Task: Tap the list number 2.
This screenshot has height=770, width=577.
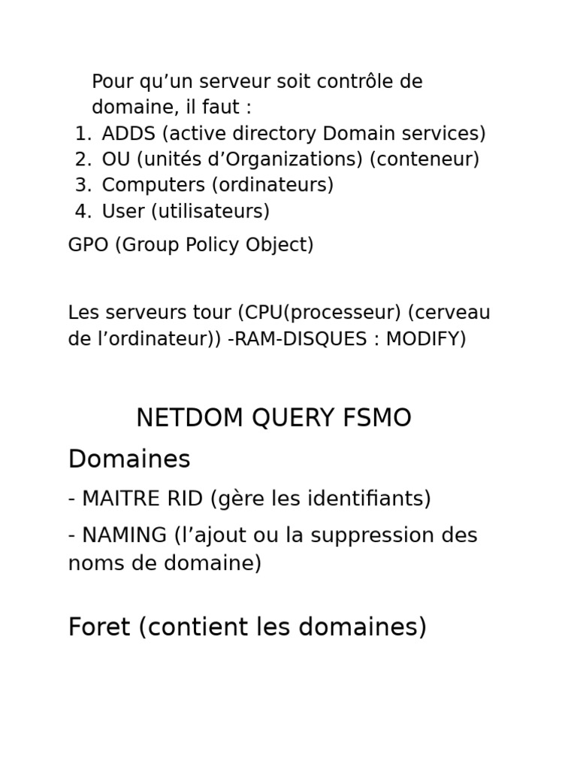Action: pyautogui.click(x=82, y=159)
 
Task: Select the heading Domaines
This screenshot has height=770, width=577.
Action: pyautogui.click(x=129, y=459)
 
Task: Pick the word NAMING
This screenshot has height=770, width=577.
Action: pyautogui.click(x=124, y=535)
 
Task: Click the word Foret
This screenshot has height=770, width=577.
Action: pyautogui.click(x=99, y=626)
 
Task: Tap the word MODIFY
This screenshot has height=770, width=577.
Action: pyautogui.click(x=425, y=338)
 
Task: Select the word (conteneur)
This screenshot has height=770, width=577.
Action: pyautogui.click(x=424, y=159)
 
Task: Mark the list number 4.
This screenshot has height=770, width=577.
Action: pyautogui.click(x=82, y=211)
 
